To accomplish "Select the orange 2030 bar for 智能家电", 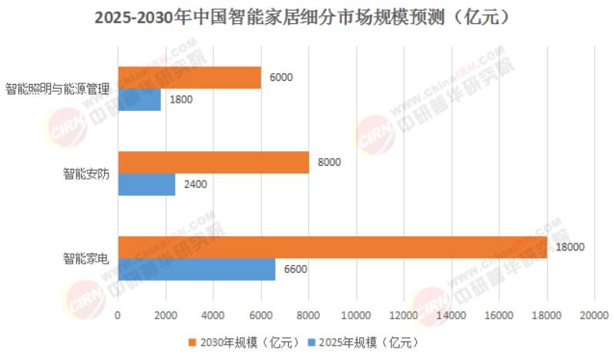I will click(x=332, y=247).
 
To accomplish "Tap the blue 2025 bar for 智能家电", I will click(x=196, y=269).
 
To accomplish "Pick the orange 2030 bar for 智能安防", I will click(x=213, y=162).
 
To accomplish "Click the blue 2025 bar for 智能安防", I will click(x=146, y=185).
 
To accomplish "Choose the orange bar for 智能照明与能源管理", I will click(x=189, y=78).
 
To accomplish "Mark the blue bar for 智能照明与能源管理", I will click(x=139, y=100).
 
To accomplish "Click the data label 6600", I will click(x=297, y=269).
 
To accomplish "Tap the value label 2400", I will click(x=196, y=185).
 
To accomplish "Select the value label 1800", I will click(x=181, y=100).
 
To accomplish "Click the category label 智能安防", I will click(x=86, y=173).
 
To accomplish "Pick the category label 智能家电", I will click(x=86, y=258).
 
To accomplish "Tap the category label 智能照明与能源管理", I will click(x=58, y=89).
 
